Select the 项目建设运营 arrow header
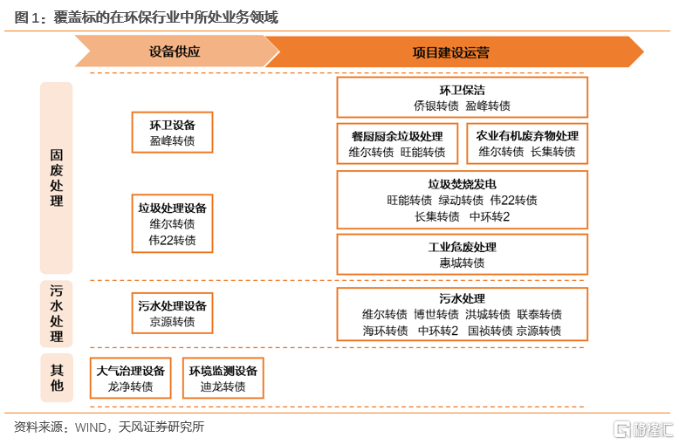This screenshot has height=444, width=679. (454, 52)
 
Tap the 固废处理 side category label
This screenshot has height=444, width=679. (57, 178)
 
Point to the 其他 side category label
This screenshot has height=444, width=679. (57, 378)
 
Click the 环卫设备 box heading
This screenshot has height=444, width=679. (172, 125)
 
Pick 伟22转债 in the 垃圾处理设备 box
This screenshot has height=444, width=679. (172, 240)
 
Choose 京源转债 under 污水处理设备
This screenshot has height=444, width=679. (172, 322)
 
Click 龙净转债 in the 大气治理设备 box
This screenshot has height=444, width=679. (130, 386)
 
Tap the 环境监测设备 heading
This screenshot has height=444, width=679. (223, 371)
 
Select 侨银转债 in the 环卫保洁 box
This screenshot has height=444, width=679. (436, 106)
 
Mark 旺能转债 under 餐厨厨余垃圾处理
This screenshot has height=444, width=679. (422, 152)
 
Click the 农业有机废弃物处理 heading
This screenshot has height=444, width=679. (527, 136)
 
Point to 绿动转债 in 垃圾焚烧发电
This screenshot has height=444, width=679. (461, 200)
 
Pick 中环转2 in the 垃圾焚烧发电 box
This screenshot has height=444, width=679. (490, 216)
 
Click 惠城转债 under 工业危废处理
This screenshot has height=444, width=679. (462, 263)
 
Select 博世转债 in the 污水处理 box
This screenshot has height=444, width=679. (436, 314)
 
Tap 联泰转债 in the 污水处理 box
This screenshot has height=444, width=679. (539, 314)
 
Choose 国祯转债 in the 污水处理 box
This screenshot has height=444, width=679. (490, 331)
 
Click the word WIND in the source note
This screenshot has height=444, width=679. (91, 427)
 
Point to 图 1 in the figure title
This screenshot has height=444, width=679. (27, 17)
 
